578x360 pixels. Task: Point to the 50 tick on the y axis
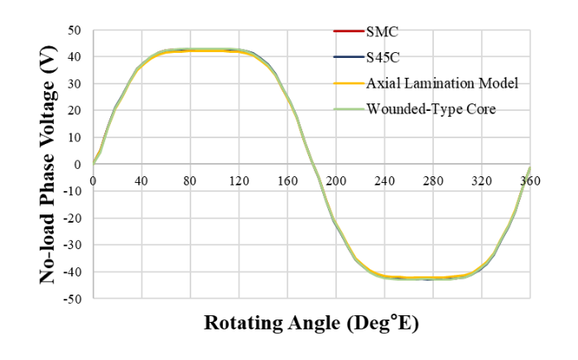[76, 31]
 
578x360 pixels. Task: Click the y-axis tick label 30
[76, 84]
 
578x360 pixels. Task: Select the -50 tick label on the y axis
[74, 298]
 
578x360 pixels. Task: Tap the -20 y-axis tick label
[74, 218]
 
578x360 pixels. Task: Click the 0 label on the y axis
[79, 164]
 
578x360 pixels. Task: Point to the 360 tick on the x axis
[531, 180]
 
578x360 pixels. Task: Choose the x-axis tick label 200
[336, 180]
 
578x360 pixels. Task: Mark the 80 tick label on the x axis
[190, 180]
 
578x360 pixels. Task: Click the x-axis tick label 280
[433, 180]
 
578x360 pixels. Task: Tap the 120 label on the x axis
[238, 180]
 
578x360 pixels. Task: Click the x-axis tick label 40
[142, 180]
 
